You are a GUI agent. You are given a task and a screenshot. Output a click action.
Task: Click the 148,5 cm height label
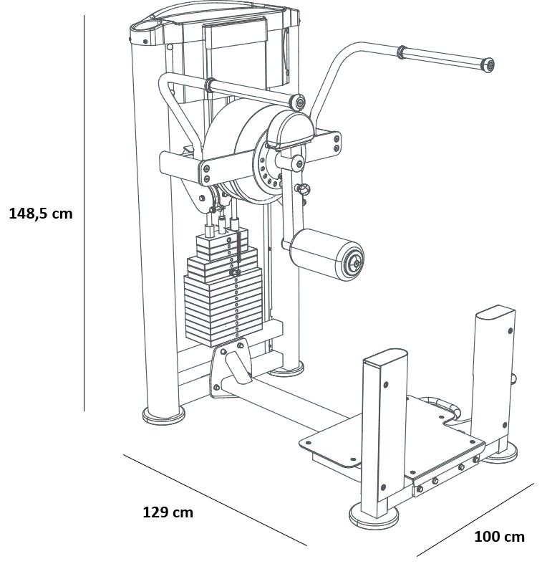(41, 214)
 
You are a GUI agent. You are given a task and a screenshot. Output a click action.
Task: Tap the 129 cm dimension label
(168, 512)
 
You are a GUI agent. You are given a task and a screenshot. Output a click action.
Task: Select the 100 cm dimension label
(499, 536)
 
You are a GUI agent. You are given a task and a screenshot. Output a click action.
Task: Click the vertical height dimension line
(84, 213)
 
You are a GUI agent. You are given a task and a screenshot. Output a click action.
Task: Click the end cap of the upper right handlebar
(488, 65)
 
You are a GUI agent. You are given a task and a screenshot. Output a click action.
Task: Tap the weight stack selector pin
(235, 272)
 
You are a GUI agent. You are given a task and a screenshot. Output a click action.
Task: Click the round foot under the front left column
(164, 416)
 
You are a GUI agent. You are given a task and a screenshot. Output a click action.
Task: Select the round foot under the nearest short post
(374, 515)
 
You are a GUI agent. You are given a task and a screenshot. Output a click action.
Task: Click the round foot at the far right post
(502, 454)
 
